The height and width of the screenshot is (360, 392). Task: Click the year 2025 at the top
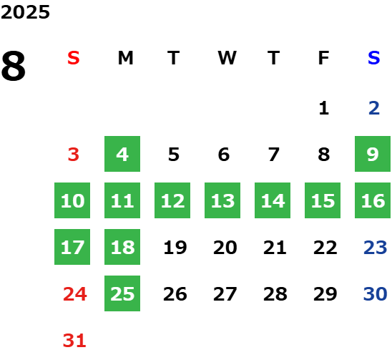pos(25,12)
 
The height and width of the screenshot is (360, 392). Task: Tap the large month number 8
pos(14,66)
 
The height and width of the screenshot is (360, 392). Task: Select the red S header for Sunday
pos(74,58)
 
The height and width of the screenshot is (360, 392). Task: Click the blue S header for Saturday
pos(373,58)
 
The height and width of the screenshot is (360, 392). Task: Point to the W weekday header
pos(227,58)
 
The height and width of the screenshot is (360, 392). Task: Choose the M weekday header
pos(125,58)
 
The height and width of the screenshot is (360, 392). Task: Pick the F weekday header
pos(323,58)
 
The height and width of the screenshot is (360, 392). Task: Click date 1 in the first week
pos(324,108)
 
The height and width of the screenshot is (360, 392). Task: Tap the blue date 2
pos(374,108)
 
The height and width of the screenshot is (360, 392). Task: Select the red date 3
pos(74,155)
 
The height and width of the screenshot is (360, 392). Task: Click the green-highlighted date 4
pos(122,154)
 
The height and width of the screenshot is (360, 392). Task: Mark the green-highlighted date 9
pos(373,154)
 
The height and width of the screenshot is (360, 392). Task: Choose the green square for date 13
pos(222,200)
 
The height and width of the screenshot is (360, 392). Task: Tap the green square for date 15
pos(323,200)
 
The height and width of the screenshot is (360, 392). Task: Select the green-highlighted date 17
pos(72,247)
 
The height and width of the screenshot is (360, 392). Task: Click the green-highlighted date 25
pos(122,293)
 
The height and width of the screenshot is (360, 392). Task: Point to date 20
pos(225,248)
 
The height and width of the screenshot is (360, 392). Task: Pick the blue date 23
pos(376,248)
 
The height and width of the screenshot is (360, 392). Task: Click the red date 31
pos(74,341)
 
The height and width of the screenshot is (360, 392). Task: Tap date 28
pos(275,294)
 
